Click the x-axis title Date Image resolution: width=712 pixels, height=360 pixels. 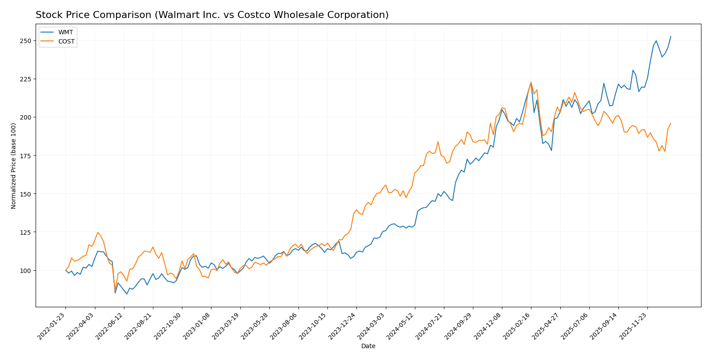pyautogui.click(x=368, y=346)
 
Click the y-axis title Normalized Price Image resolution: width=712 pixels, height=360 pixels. pyautogui.click(x=14, y=166)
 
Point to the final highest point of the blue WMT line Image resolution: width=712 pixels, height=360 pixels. pyautogui.click(x=671, y=36)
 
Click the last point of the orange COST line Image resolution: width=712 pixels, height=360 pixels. pyautogui.click(x=671, y=124)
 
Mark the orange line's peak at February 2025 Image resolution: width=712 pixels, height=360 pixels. pyautogui.click(x=531, y=82)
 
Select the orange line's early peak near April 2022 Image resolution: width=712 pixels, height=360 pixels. pyautogui.click(x=98, y=233)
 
